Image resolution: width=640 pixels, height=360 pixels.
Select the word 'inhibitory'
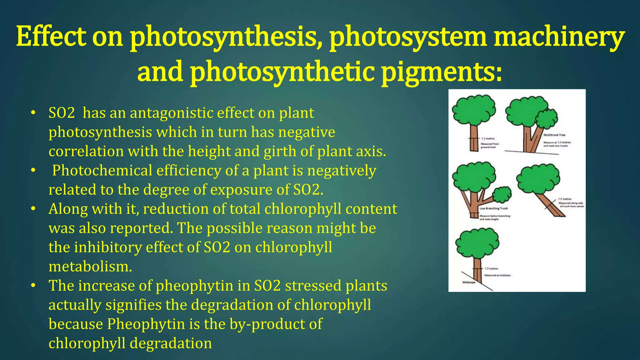click(108, 247)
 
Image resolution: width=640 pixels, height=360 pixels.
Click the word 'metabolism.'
click(90, 267)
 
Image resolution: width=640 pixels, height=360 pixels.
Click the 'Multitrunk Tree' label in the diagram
click(554, 135)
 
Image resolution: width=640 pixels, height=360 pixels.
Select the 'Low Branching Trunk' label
click(493, 208)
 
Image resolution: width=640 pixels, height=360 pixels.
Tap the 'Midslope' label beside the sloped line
click(468, 282)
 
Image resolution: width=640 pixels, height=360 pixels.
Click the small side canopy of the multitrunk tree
click(547, 118)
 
